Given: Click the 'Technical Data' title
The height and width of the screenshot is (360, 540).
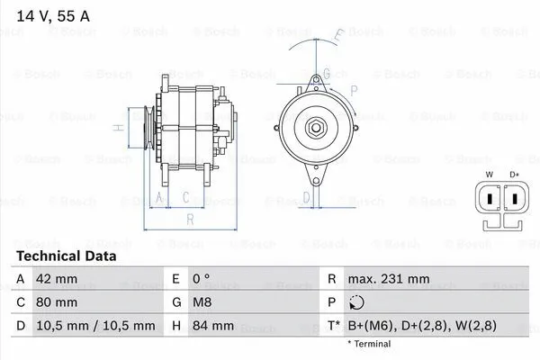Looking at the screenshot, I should pos(67,256).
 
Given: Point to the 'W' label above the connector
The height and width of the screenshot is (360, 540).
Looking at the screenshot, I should pos(490,174).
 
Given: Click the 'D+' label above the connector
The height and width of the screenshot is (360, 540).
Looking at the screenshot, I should pos(514,174).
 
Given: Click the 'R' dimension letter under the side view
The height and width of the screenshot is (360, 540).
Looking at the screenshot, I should pos(191,219).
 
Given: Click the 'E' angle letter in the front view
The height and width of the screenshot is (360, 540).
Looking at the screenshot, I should pos(338,37).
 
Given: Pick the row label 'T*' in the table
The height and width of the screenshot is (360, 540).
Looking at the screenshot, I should pos(335,326).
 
